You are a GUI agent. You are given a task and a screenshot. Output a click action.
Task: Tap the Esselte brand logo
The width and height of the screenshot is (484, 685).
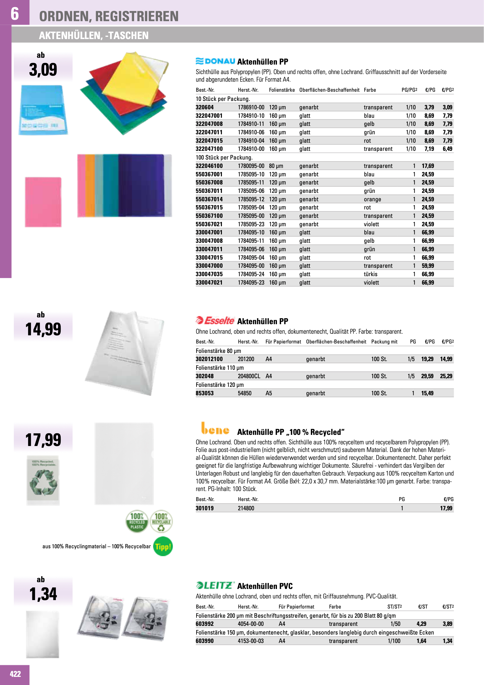click(x=215, y=320)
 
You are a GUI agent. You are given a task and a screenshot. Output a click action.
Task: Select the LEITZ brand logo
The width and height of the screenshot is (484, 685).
click(x=215, y=585)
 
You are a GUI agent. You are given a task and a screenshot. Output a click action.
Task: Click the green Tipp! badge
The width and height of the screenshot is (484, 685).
click(x=163, y=547)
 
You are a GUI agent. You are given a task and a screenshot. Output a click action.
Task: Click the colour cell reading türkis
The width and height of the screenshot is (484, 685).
click(x=370, y=274)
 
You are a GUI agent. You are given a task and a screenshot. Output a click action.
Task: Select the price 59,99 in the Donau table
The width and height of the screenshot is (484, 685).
click(x=428, y=266)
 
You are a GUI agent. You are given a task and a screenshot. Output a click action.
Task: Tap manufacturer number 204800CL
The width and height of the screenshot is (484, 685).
click(x=249, y=376)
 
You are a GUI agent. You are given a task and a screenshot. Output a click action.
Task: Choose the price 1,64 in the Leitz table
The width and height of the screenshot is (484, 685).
click(x=421, y=641)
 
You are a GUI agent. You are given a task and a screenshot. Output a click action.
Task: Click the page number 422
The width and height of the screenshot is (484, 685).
click(x=15, y=674)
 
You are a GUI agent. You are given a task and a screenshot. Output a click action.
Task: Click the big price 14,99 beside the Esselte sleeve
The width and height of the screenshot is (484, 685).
click(x=43, y=329)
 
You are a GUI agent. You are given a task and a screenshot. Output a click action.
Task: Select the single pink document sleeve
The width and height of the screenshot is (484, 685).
click(x=43, y=202)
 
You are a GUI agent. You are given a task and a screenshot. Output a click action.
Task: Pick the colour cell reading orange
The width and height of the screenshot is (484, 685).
click(x=372, y=199)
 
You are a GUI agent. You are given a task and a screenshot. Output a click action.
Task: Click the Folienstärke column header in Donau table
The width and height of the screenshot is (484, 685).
click(x=282, y=90)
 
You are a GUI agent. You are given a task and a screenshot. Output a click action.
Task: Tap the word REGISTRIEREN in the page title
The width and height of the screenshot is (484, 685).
click(x=137, y=16)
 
